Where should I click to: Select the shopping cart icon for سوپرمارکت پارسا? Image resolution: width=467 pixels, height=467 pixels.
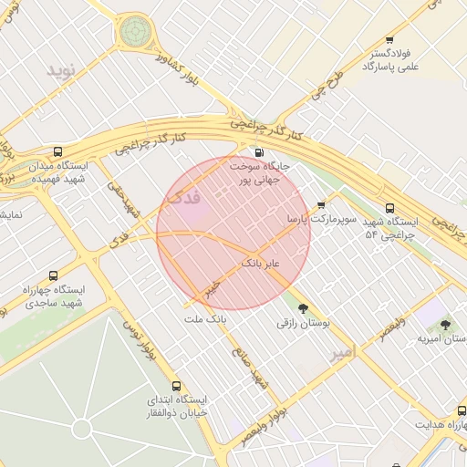coord(320,205)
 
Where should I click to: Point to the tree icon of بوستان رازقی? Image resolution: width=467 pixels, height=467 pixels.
coord(303,307)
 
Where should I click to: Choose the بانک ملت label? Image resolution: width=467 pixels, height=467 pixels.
coord(204,319)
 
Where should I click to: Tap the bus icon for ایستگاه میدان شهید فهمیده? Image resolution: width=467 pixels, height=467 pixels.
coord(58,152)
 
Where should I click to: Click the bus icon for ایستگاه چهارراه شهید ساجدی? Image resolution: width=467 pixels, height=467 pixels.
coord(52,275)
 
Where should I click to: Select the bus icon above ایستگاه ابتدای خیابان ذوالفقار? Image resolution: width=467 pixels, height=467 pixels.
coord(177,385)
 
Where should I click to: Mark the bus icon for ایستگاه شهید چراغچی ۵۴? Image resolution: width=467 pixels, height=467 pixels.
coord(390,208)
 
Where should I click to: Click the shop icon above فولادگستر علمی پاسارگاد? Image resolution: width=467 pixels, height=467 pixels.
coord(389,39)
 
